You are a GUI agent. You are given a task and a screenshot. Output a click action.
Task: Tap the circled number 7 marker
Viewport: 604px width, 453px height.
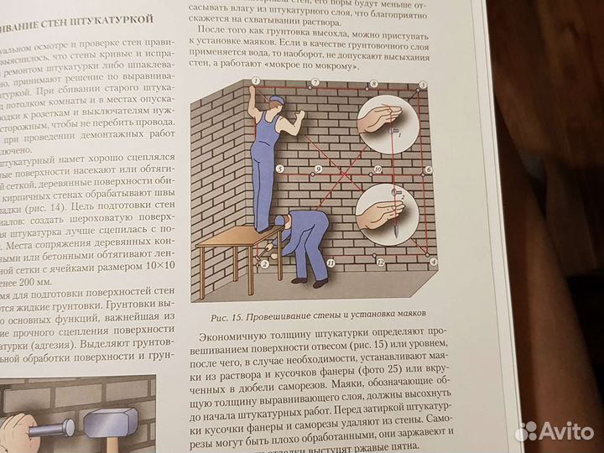(x=314, y=82)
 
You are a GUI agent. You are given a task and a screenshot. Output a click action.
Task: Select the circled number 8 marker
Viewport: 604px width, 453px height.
(x=369, y=82)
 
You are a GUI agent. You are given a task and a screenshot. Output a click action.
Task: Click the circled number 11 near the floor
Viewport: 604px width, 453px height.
(x=331, y=263)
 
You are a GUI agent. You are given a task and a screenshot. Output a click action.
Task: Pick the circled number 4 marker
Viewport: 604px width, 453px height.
(x=433, y=263)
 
